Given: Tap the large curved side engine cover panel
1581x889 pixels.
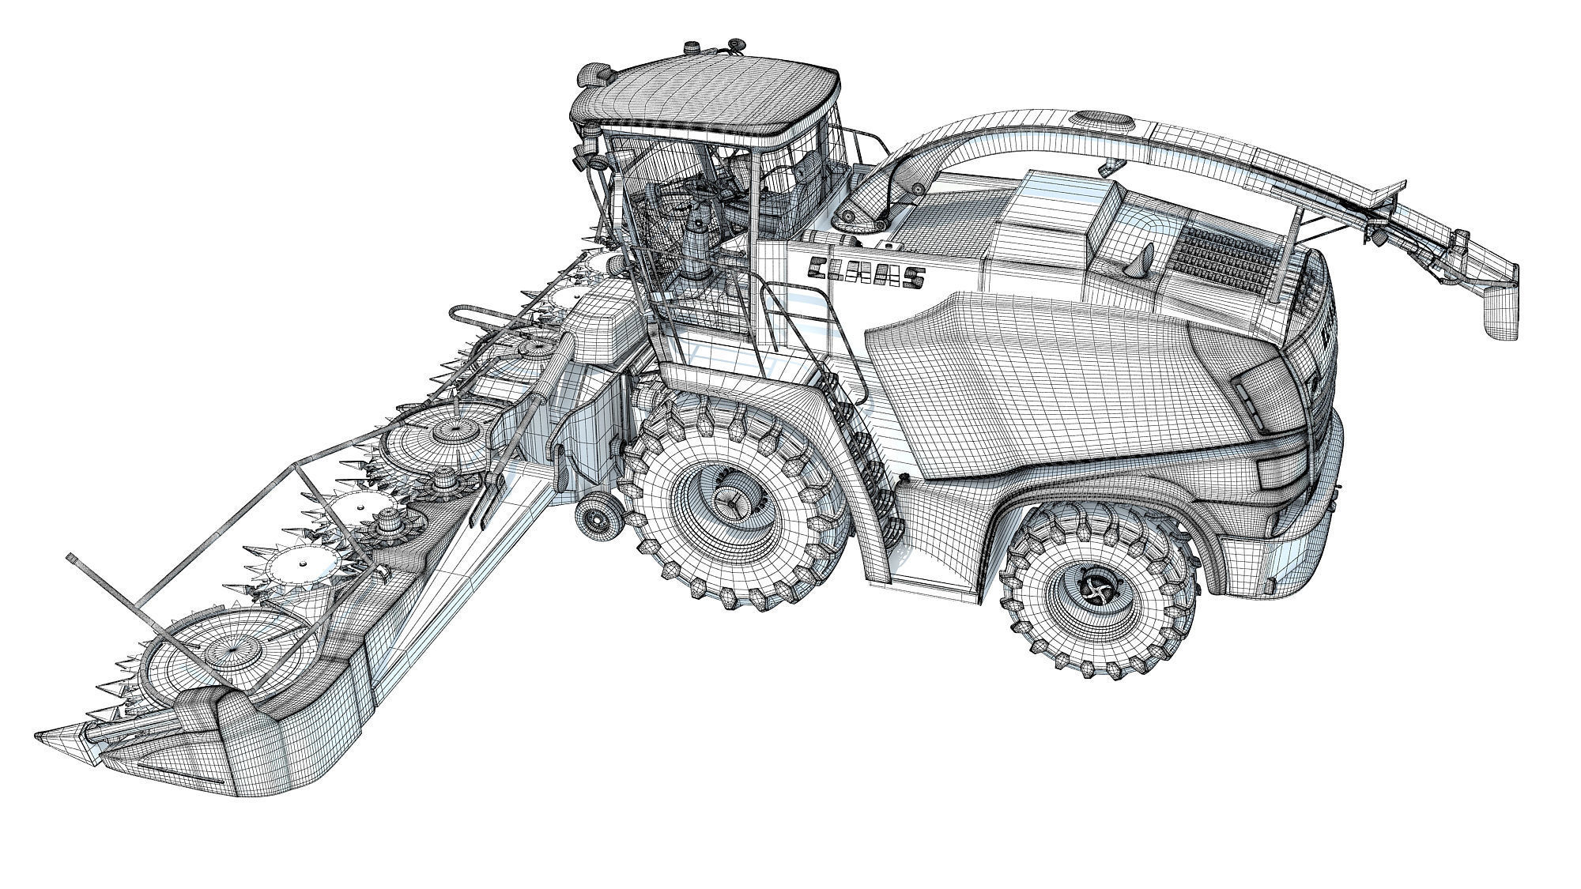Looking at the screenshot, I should coord(1028,379).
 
